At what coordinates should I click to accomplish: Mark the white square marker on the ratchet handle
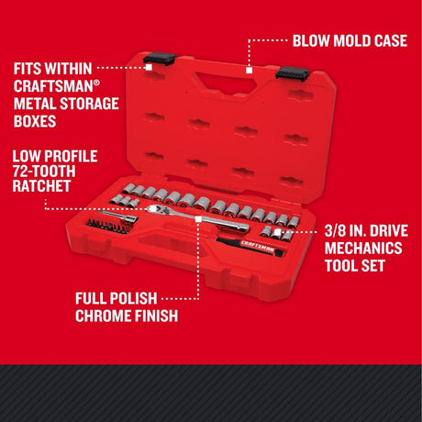(197, 219)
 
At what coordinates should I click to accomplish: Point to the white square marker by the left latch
(149, 67)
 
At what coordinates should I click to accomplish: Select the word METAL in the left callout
(38, 104)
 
